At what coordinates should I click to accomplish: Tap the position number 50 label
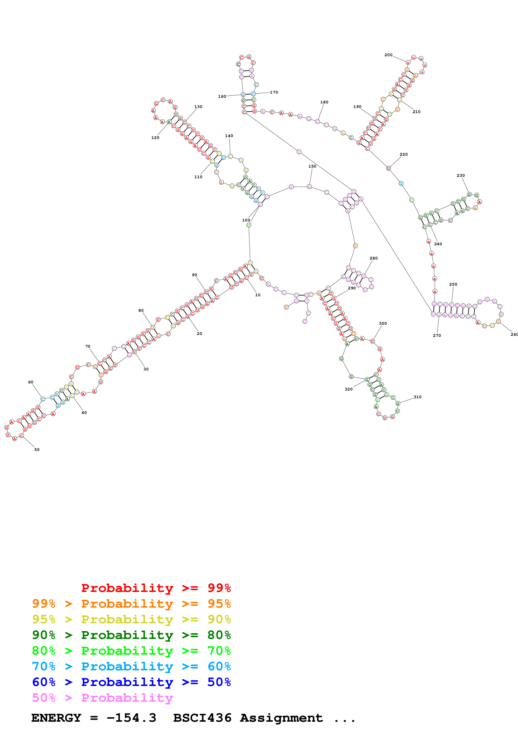click(x=37, y=449)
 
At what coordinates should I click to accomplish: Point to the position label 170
click(x=274, y=92)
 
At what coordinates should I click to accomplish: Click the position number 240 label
click(x=438, y=244)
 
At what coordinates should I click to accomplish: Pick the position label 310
click(x=417, y=397)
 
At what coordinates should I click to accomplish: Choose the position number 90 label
click(x=194, y=275)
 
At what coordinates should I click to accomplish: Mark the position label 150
click(x=312, y=166)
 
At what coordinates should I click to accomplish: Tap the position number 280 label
click(x=373, y=258)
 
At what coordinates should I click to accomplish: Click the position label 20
click(x=200, y=334)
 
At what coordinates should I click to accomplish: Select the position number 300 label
click(x=383, y=323)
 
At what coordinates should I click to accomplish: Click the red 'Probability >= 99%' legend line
click(x=156, y=588)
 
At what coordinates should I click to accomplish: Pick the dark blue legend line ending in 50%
click(x=131, y=682)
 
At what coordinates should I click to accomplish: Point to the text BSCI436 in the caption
click(x=202, y=718)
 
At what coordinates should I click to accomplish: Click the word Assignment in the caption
click(x=281, y=718)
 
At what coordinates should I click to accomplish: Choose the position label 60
click(x=31, y=382)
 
